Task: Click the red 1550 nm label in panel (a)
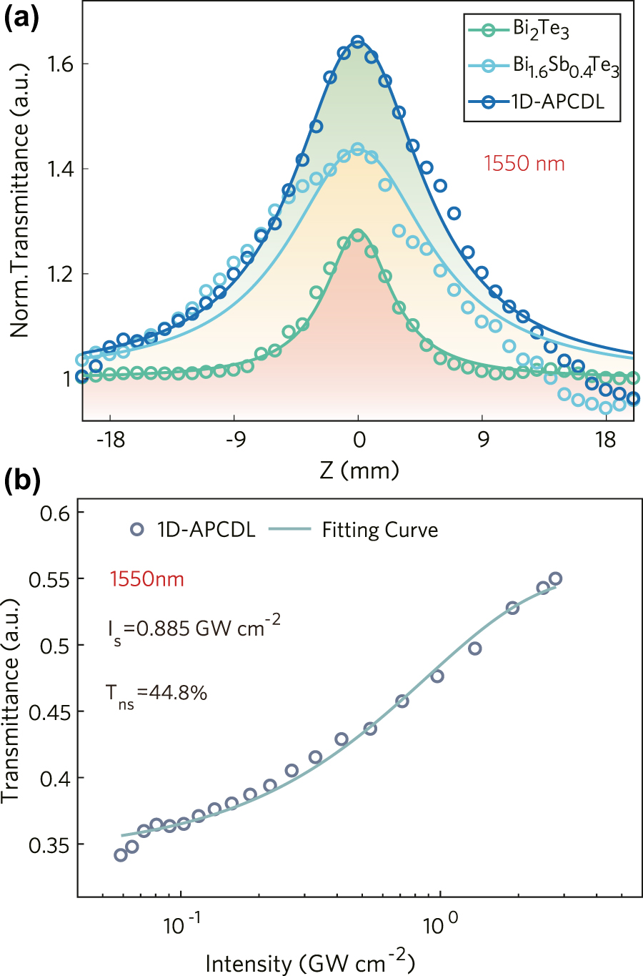point(524,164)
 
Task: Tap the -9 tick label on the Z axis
point(234,439)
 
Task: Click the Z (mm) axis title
point(359,470)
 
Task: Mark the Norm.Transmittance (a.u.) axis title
point(19,201)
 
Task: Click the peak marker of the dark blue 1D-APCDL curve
point(358,41)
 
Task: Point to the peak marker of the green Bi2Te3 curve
point(358,235)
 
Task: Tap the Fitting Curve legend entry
point(379,530)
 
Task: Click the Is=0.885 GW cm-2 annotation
point(194,629)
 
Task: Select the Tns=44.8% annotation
point(156,694)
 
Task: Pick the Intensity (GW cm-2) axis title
point(310,962)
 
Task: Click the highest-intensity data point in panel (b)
point(555,578)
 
